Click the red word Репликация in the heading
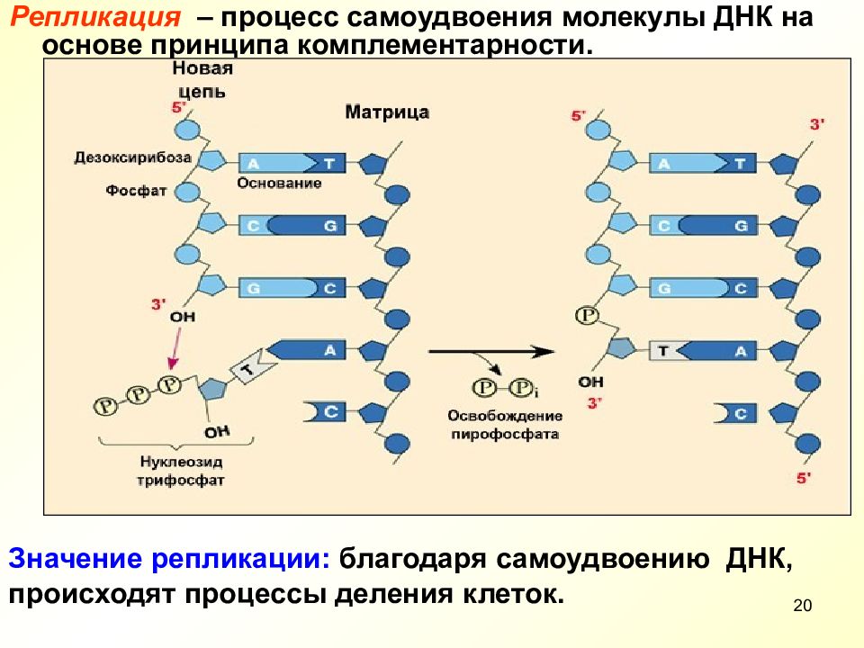point(95,17)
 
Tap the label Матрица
point(387,112)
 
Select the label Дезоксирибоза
point(133,157)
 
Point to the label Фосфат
point(136,191)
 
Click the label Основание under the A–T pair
point(279,183)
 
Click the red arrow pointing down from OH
point(175,349)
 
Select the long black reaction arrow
point(491,352)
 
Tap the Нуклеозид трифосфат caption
point(181,471)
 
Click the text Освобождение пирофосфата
point(505,425)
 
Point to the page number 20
point(802,606)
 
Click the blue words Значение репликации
point(169,559)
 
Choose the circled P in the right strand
point(588,316)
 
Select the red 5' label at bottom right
point(804,478)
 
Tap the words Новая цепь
point(202,80)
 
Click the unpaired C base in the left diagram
point(326,412)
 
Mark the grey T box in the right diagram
point(664,351)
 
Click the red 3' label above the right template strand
point(816,124)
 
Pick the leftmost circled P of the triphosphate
point(106,406)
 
